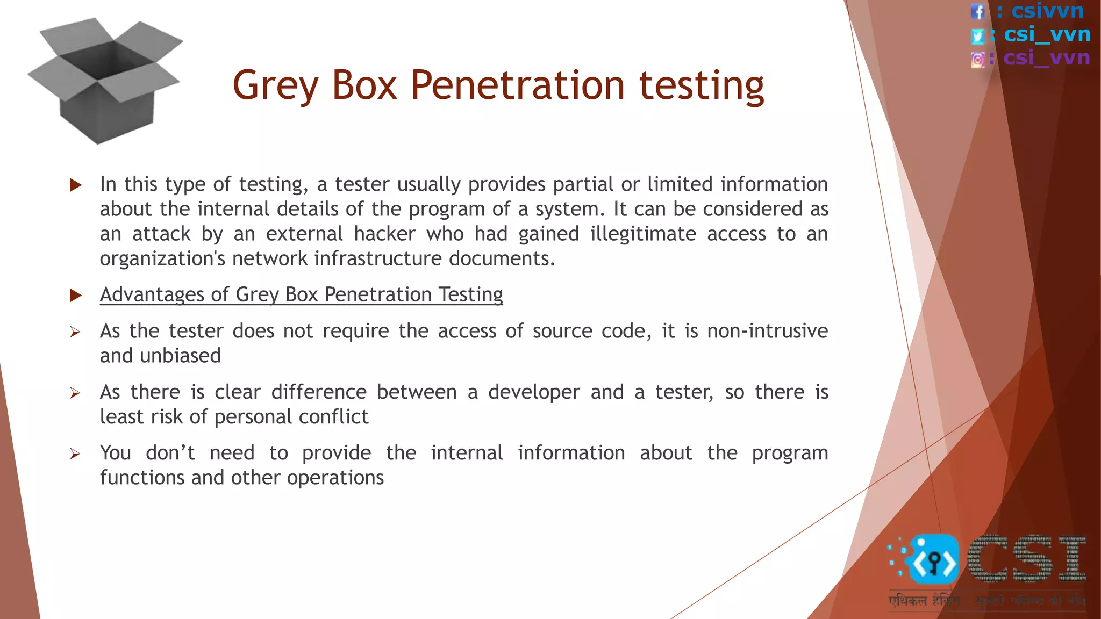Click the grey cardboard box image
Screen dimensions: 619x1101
coord(105,81)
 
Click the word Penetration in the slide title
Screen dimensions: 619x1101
coord(517,85)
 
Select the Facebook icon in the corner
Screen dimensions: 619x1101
coord(977,12)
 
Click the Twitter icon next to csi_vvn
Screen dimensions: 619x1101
coord(977,36)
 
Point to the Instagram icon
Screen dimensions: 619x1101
coord(977,59)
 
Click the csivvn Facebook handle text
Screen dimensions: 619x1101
coord(1047,11)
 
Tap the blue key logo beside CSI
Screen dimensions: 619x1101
coord(933,560)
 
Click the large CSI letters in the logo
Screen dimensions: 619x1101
coord(1027,559)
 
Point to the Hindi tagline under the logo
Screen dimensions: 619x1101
coord(986,601)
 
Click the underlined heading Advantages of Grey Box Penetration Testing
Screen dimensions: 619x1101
coord(301,294)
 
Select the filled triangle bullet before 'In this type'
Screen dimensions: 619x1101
coord(76,185)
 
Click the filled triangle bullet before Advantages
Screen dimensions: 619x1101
coord(76,295)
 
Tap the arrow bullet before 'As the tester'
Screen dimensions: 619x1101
coord(75,332)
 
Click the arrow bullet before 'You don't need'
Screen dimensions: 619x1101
coord(75,454)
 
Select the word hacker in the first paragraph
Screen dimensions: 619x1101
coord(384,234)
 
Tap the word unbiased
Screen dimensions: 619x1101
coord(180,356)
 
